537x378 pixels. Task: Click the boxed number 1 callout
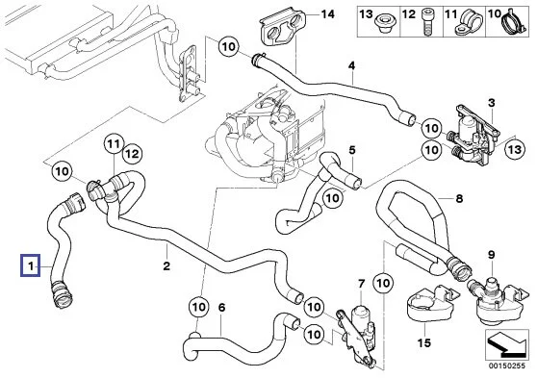31,265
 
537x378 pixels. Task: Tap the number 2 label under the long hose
166,265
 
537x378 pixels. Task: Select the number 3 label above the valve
492,103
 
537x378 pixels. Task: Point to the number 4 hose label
351,65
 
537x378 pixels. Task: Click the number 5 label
352,150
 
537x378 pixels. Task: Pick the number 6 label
221,308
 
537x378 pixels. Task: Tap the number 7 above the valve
362,284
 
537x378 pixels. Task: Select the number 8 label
459,198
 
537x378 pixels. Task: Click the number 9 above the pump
492,255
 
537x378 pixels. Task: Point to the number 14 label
327,14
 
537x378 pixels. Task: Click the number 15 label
424,342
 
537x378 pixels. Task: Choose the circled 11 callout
114,144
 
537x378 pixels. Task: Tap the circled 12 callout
132,154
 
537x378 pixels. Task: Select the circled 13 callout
515,149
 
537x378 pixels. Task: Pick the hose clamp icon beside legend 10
512,21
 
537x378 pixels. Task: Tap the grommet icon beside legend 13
384,24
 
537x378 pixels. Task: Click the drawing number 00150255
506,365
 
